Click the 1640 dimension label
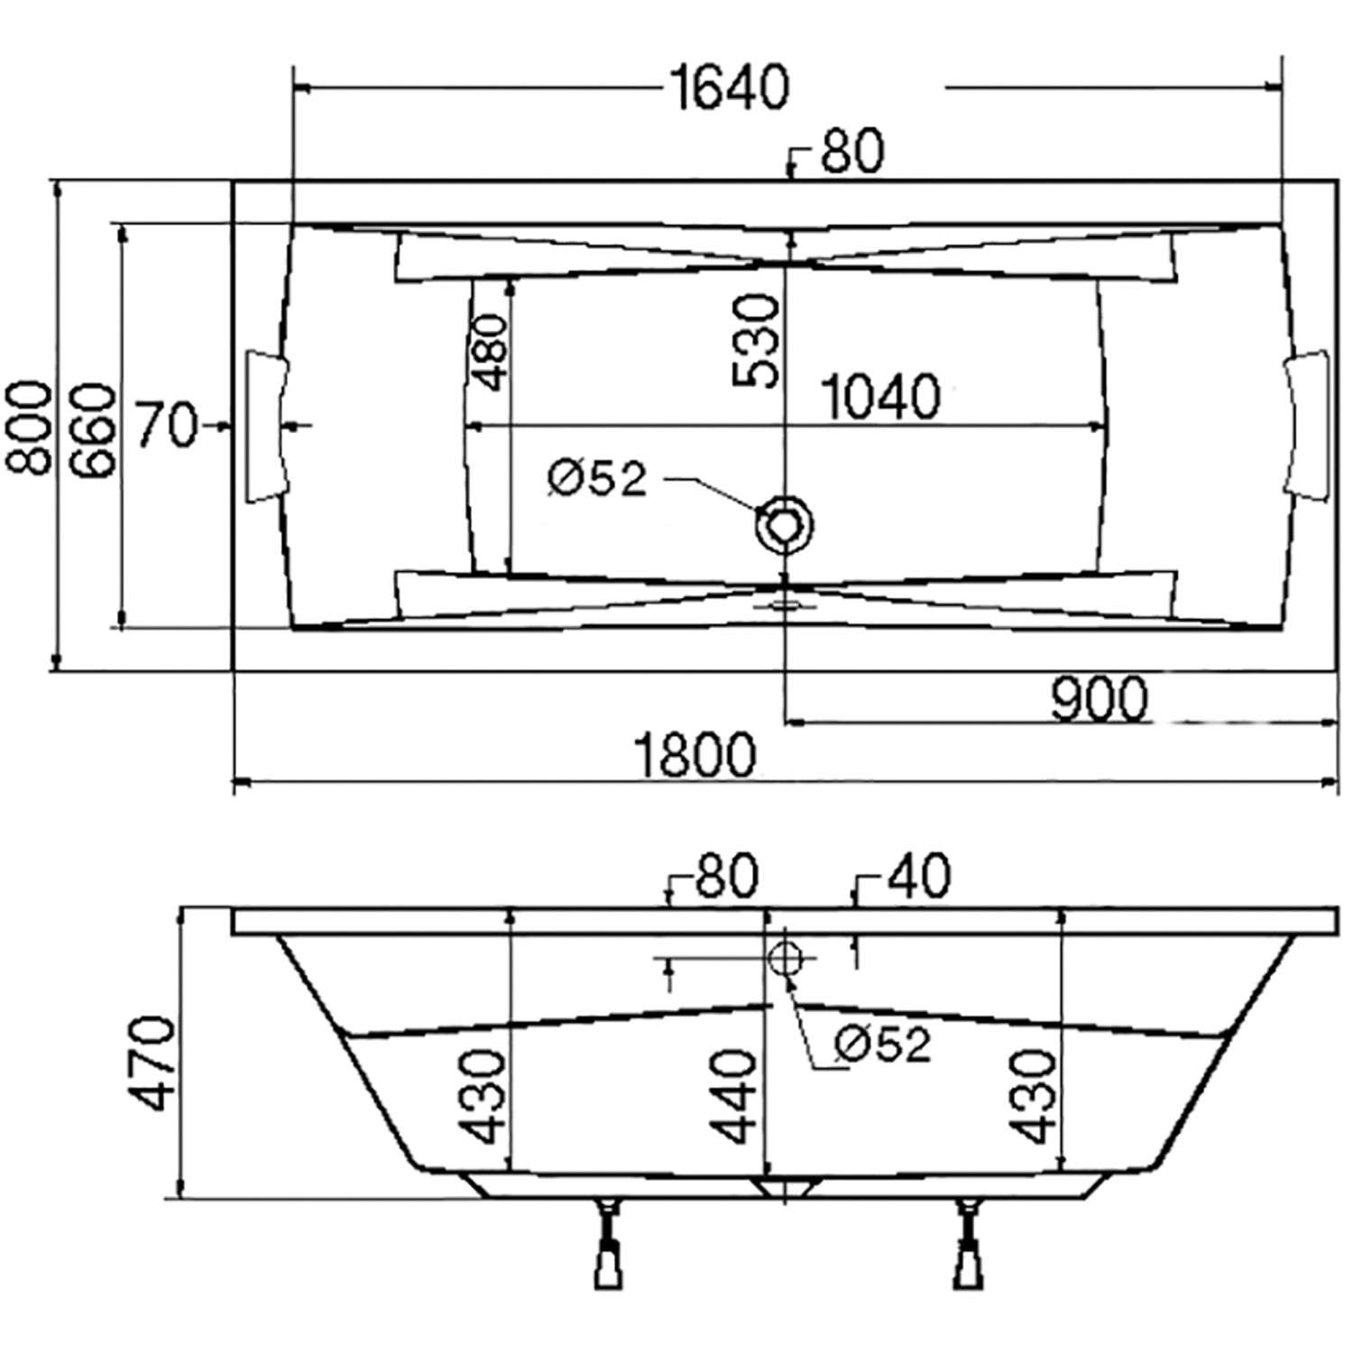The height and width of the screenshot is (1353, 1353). click(730, 87)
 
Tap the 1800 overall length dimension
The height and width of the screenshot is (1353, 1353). click(694, 755)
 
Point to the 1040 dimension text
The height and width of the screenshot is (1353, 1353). click(881, 397)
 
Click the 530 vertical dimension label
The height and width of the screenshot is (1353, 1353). click(755, 341)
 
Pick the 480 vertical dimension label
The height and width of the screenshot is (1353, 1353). click(488, 352)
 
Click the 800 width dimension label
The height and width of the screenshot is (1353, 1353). click(29, 428)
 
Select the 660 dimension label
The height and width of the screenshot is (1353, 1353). click(94, 430)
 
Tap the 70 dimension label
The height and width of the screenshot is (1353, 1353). click(165, 425)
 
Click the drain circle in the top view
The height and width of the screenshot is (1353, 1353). click(785, 524)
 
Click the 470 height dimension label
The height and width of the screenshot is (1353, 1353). click(150, 1063)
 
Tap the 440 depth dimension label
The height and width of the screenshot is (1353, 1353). click(732, 1096)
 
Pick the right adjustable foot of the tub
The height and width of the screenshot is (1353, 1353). click(971, 1245)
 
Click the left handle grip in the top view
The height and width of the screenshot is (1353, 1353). click(268, 426)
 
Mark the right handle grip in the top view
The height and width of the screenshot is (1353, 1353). click(1307, 422)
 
